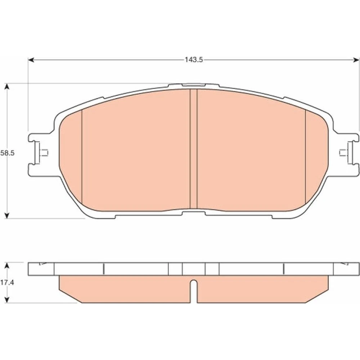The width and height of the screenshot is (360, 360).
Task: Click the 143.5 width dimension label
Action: (194, 60)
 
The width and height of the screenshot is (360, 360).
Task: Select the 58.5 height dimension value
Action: (7, 153)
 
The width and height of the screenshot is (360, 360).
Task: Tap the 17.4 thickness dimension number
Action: (7, 283)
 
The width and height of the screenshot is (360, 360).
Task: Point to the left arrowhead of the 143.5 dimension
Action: (31, 60)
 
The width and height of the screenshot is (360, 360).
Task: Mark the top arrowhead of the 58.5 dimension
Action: (7, 86)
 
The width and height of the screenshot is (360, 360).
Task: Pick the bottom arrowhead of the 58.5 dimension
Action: (7, 215)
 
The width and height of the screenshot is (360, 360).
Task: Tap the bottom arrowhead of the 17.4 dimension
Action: (7, 300)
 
